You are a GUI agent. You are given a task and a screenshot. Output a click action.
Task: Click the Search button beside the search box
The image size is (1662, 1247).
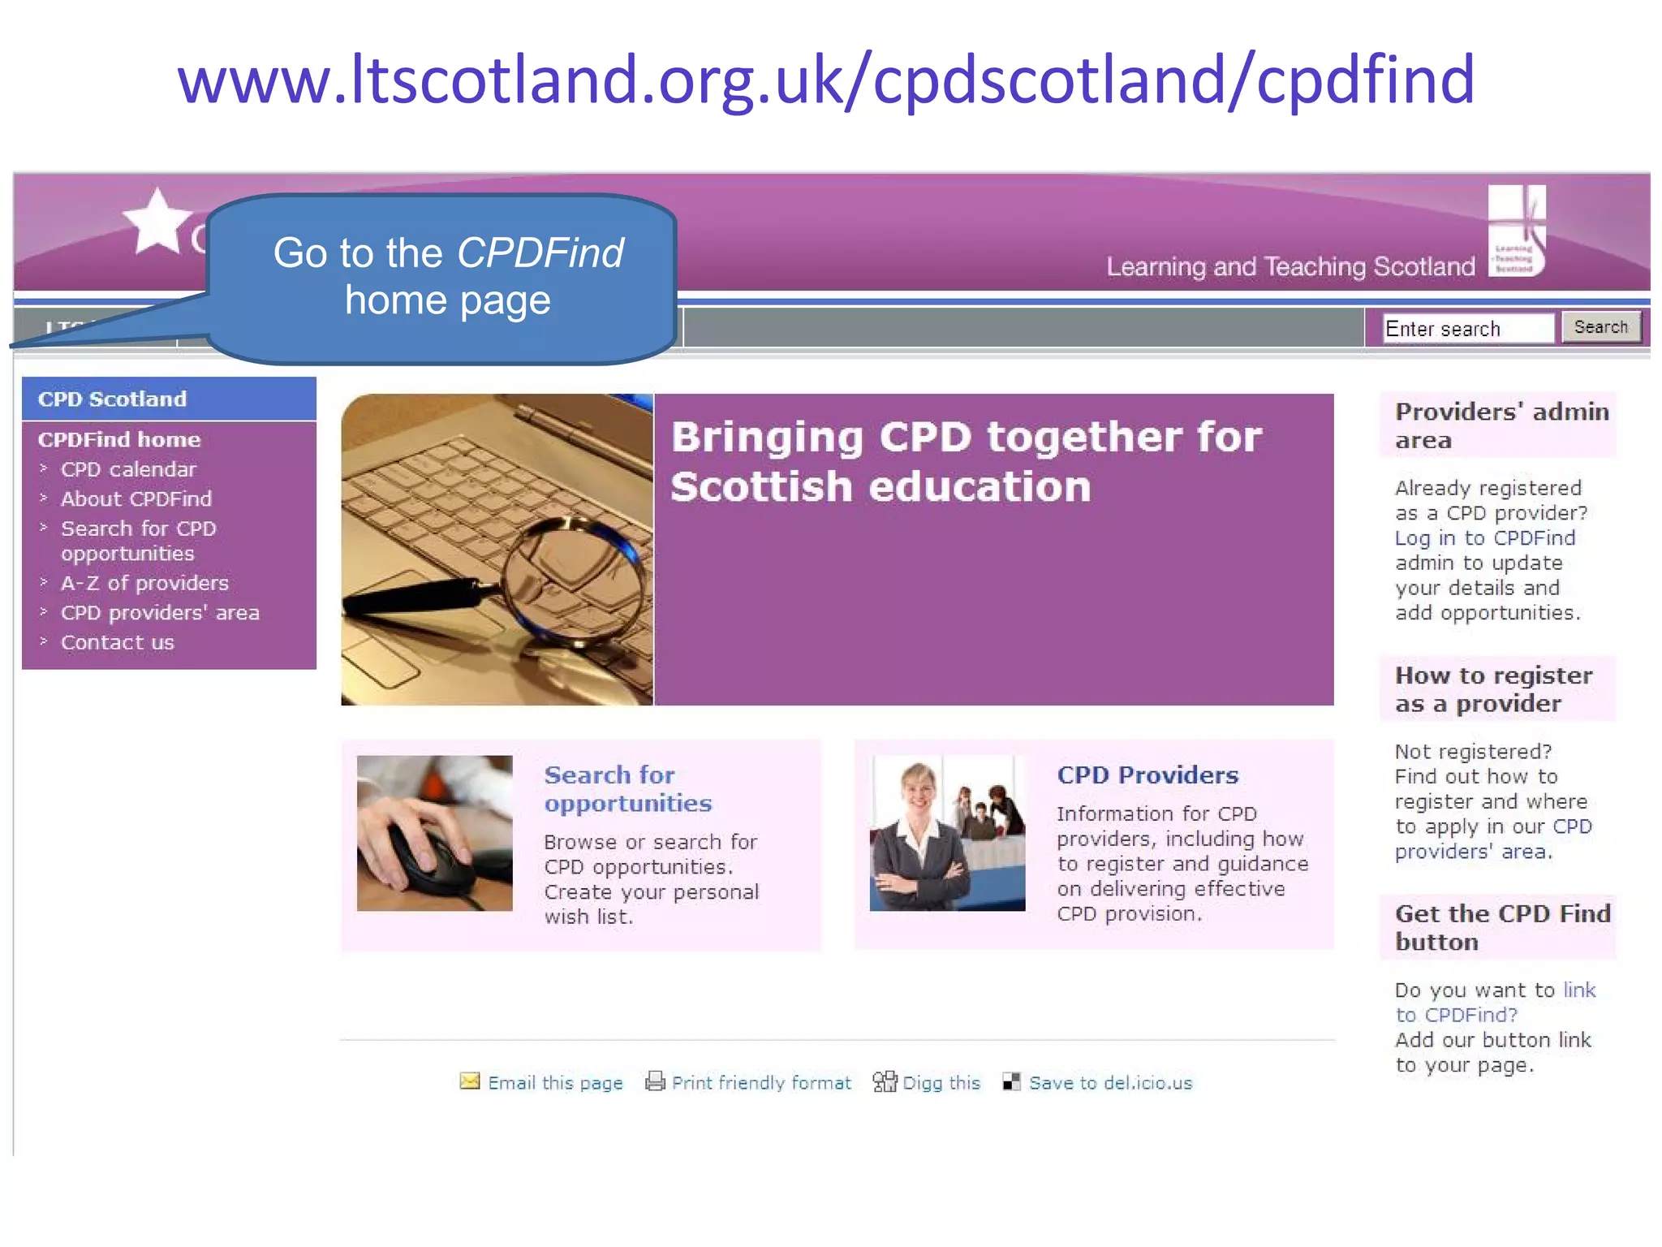click(x=1600, y=327)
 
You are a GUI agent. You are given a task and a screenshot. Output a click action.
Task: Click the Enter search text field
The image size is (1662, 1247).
click(x=1467, y=328)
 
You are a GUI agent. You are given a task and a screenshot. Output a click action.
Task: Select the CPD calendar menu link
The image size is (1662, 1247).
click(x=128, y=469)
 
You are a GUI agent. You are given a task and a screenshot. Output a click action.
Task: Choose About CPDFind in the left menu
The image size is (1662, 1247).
click(x=136, y=498)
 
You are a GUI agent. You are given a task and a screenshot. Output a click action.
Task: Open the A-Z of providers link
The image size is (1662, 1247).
click(x=144, y=583)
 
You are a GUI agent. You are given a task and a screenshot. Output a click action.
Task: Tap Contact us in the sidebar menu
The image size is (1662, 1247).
click(x=118, y=642)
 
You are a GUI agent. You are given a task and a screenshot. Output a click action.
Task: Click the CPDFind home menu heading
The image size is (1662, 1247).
click(x=118, y=439)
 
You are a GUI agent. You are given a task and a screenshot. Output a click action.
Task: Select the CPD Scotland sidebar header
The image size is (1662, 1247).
click(x=112, y=399)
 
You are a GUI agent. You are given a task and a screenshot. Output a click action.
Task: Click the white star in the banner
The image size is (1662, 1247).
click(x=157, y=222)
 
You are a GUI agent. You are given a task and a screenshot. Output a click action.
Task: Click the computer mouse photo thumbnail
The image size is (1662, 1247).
click(x=434, y=833)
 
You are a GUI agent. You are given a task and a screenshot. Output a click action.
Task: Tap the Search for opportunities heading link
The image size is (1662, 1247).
click(x=626, y=788)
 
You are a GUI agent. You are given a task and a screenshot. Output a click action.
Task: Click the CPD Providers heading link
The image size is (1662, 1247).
click(x=1147, y=775)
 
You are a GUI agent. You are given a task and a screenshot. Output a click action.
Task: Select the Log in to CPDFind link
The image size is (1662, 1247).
click(x=1484, y=537)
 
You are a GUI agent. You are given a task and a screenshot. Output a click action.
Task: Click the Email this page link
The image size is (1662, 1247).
click(x=555, y=1082)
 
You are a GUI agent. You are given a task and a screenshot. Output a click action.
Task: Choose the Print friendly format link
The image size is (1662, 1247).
click(x=761, y=1082)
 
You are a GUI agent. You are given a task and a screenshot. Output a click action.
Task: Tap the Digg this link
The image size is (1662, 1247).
click(x=941, y=1082)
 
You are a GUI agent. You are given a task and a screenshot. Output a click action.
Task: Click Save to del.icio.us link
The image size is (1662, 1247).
click(x=1110, y=1082)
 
